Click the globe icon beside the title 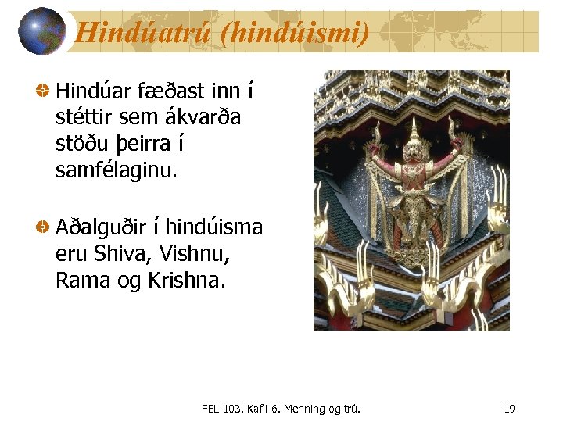[x=41, y=30]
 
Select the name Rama [x=82, y=281]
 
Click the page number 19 [x=509, y=409]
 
